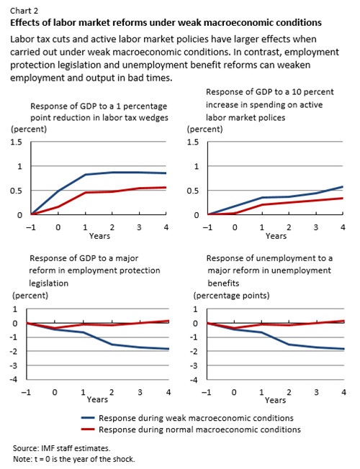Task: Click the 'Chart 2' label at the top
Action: (x=24, y=11)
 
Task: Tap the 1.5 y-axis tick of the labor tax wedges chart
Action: (x=17, y=142)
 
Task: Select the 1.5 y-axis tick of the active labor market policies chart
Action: (x=193, y=142)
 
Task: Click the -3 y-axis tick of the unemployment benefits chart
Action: (x=194, y=365)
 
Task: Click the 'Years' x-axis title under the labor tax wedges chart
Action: (x=99, y=236)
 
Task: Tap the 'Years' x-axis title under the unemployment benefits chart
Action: (x=275, y=400)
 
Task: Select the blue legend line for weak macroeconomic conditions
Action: (x=88, y=418)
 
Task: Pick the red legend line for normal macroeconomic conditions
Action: (x=88, y=429)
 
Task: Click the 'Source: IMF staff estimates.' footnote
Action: (x=61, y=448)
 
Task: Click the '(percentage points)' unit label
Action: (x=232, y=296)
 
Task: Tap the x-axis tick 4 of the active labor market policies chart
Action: (x=343, y=227)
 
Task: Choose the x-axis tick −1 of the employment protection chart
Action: (x=26, y=392)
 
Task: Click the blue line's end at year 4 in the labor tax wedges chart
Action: (x=166, y=173)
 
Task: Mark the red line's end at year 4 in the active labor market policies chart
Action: (x=343, y=198)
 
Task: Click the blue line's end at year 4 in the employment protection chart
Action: (x=168, y=349)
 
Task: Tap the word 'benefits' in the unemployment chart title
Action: (x=223, y=283)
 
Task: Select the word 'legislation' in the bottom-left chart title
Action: (x=48, y=283)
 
